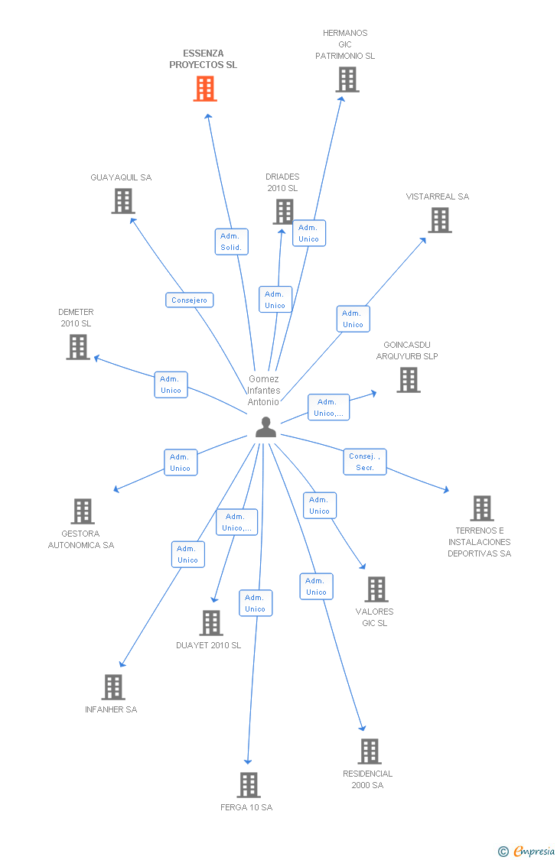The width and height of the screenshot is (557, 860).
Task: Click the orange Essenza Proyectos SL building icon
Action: pyautogui.click(x=204, y=89)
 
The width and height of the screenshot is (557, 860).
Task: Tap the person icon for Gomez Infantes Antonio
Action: pyautogui.click(x=265, y=427)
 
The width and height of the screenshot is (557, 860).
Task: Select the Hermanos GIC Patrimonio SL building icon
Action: pyautogui.click(x=347, y=80)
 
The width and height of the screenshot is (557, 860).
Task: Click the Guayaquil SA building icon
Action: pyautogui.click(x=122, y=200)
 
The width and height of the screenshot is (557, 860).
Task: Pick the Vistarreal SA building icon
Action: pyautogui.click(x=439, y=220)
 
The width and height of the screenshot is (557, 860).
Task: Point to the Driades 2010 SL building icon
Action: pyautogui.click(x=284, y=212)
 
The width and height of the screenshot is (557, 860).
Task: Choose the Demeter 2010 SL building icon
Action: pyautogui.click(x=77, y=347)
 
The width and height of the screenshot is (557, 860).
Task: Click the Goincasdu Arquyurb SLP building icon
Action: pyautogui.click(x=409, y=380)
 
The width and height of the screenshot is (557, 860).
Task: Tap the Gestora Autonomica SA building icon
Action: pyautogui.click(x=82, y=511)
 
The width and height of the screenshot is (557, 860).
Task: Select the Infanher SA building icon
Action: pyautogui.click(x=112, y=687)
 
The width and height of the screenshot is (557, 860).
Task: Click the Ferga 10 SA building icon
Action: pyautogui.click(x=248, y=785)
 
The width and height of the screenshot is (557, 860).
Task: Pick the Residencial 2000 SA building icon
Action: pyautogui.click(x=369, y=751)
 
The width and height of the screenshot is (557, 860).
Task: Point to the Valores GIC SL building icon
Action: pyautogui.click(x=376, y=589)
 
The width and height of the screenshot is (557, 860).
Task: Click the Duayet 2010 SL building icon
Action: pyautogui.click(x=210, y=623)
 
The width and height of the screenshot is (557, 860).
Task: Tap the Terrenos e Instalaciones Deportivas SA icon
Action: pyautogui.click(x=481, y=508)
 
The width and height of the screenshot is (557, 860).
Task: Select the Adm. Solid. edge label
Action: pyautogui.click(x=231, y=242)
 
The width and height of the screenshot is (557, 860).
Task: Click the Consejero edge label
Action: pyautogui.click(x=189, y=300)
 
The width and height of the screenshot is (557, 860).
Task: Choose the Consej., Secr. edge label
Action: pyautogui.click(x=365, y=462)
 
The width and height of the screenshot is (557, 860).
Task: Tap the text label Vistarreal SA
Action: pyautogui.click(x=438, y=196)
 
